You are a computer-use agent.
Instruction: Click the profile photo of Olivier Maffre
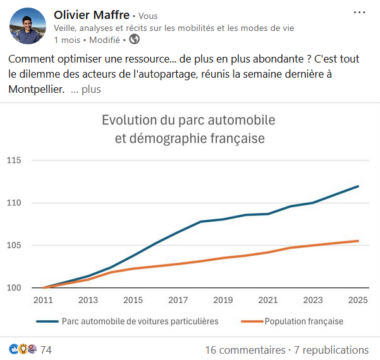(28, 27)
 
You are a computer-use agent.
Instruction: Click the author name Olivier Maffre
(92, 15)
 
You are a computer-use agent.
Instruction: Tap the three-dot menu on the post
(359, 13)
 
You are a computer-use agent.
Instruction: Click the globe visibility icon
(134, 39)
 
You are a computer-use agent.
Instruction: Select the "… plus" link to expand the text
(86, 90)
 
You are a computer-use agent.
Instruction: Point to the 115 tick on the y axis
(14, 160)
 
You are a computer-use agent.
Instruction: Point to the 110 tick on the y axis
(14, 203)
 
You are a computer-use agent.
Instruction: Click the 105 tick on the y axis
(14, 245)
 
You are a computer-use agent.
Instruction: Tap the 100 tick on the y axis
(14, 287)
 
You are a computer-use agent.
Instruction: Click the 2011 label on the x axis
(43, 300)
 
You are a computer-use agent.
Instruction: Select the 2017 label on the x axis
(178, 300)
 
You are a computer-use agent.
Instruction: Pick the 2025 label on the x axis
(359, 300)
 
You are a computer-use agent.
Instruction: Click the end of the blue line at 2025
(359, 186)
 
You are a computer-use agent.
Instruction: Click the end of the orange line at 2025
(359, 241)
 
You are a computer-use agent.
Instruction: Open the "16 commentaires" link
(245, 350)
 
